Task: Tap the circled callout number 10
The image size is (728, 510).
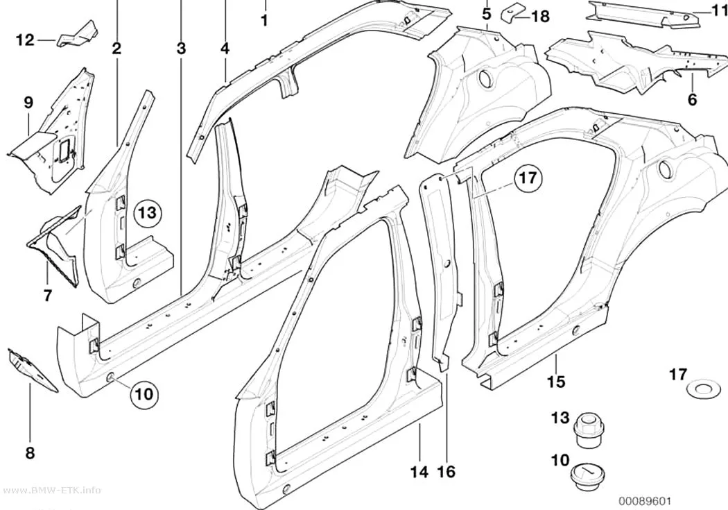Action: [144, 394]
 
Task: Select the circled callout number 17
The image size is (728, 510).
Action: [528, 178]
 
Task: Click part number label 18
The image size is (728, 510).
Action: [540, 17]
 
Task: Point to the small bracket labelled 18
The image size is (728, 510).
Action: [510, 12]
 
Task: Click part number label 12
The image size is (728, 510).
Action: [26, 40]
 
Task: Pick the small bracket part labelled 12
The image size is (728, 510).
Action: [78, 35]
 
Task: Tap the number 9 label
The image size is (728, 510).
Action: [29, 103]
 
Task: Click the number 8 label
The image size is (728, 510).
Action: [31, 452]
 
